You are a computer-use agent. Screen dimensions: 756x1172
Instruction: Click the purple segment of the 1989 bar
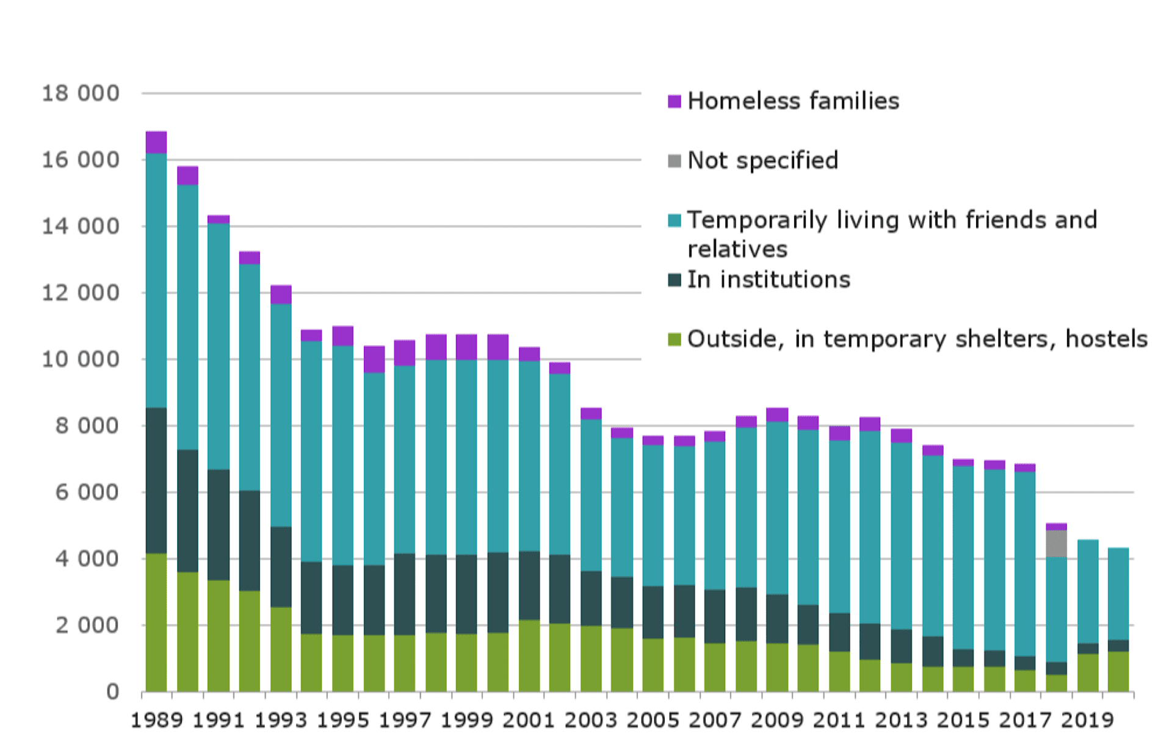(x=156, y=142)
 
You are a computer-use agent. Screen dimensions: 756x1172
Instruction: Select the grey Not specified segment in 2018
(x=1056, y=544)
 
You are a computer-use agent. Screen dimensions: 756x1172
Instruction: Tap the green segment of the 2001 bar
(x=529, y=656)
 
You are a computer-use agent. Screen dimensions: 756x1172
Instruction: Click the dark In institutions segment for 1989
(x=156, y=480)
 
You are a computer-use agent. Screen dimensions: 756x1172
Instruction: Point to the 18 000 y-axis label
(x=80, y=93)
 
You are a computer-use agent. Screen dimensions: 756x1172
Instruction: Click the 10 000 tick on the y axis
(x=80, y=359)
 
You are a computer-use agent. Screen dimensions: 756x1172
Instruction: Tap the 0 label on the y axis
(x=112, y=692)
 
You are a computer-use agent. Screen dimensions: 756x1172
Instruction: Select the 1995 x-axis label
(x=342, y=721)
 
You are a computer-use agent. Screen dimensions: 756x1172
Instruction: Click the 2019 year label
(x=1087, y=721)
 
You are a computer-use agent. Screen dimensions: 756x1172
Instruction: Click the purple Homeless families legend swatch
(x=674, y=101)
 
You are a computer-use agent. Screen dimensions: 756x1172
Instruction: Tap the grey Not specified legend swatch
(x=674, y=161)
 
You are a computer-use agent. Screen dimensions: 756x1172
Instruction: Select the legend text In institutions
(x=769, y=279)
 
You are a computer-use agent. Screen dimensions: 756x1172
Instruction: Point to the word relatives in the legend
(x=737, y=250)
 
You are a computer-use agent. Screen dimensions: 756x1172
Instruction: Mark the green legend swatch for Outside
(x=674, y=339)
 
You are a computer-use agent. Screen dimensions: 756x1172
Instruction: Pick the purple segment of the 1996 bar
(x=374, y=359)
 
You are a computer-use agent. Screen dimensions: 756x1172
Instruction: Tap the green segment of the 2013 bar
(x=901, y=677)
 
